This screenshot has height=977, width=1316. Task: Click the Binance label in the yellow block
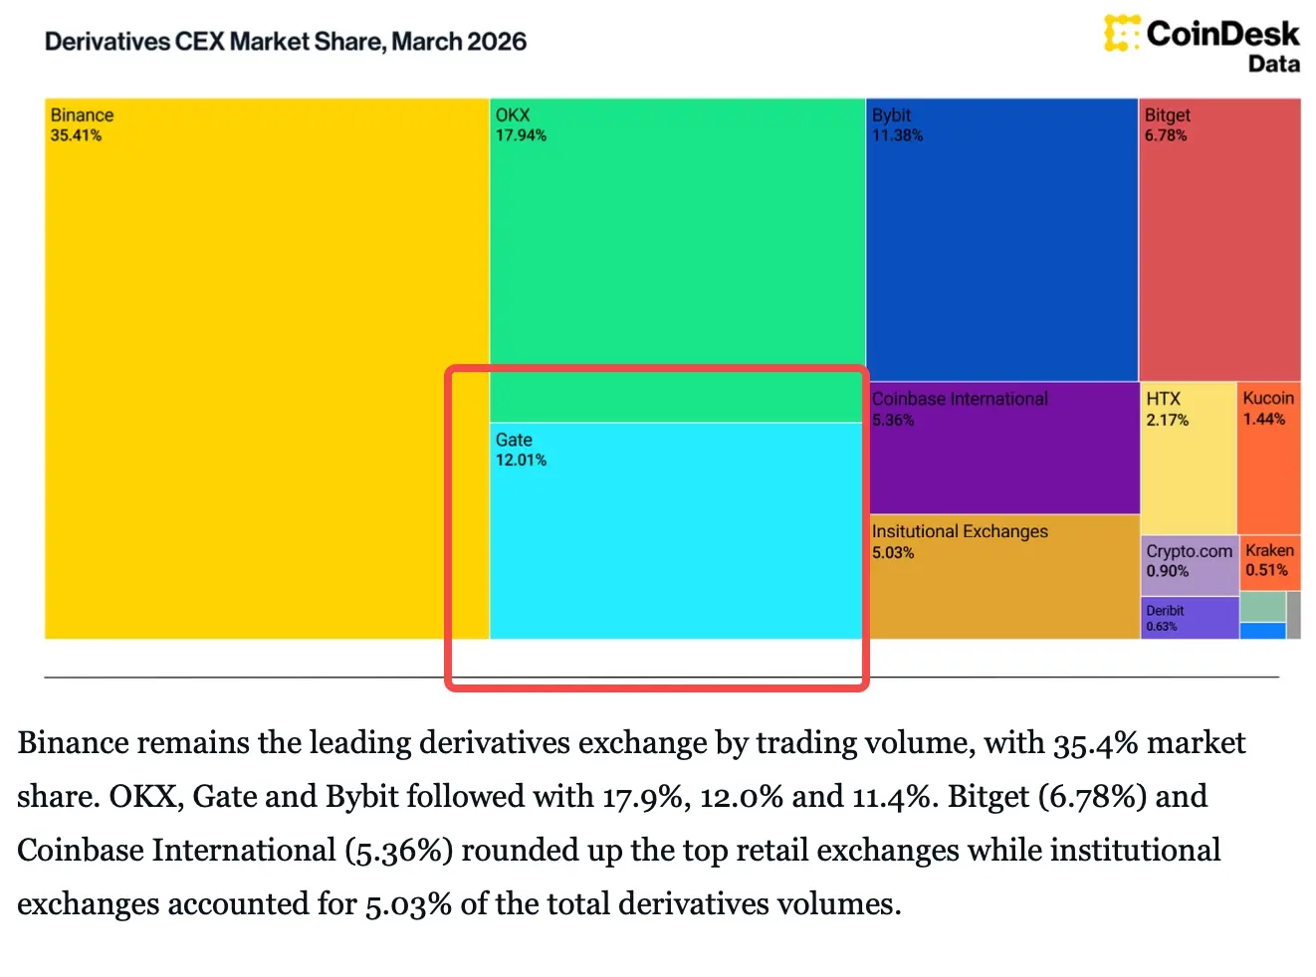click(82, 115)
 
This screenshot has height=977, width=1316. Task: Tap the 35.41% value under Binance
click(76, 135)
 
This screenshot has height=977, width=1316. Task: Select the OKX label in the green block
click(513, 115)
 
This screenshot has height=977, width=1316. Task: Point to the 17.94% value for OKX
click(521, 135)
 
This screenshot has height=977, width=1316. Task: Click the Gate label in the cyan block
click(514, 440)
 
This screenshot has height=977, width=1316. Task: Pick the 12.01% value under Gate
click(521, 460)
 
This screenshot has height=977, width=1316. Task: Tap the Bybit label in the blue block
click(891, 115)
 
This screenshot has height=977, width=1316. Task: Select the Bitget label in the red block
click(1167, 115)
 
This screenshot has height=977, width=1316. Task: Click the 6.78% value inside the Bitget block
click(1165, 135)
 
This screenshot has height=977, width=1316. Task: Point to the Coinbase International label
click(960, 399)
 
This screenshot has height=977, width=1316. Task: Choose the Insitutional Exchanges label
click(960, 531)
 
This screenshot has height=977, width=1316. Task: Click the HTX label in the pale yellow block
click(1163, 399)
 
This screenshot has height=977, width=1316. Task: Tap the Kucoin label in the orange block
click(1268, 398)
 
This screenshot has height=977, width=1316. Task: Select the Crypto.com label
click(1189, 551)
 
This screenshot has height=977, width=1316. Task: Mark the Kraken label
click(1269, 550)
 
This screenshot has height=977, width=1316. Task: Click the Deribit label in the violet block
click(1165, 611)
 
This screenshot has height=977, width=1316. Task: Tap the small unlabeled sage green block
click(1262, 607)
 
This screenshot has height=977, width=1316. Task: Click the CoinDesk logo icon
click(1121, 33)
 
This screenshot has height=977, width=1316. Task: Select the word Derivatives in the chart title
click(108, 42)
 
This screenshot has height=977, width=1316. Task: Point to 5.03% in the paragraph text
click(406, 903)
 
